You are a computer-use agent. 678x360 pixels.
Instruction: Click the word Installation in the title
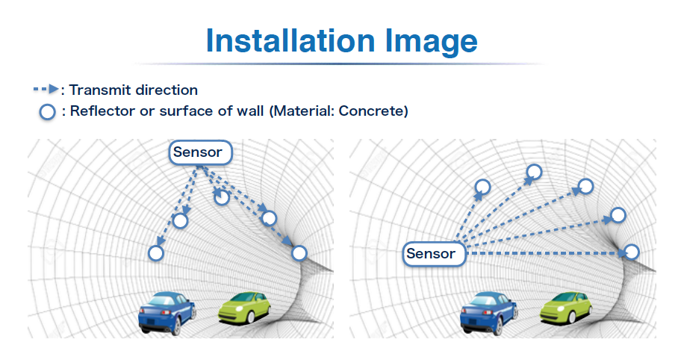(x=290, y=40)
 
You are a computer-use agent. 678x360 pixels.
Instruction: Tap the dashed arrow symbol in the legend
(x=46, y=89)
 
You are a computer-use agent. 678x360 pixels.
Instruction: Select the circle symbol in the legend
(x=48, y=111)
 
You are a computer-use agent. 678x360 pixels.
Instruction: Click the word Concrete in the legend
(x=371, y=111)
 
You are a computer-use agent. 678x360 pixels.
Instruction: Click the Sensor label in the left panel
(x=200, y=152)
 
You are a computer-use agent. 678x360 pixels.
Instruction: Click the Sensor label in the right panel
(x=434, y=253)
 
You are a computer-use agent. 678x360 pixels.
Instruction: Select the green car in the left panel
(x=244, y=308)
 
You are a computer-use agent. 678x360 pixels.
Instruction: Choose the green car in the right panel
(x=567, y=308)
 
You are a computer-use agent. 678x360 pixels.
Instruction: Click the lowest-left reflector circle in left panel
(x=156, y=253)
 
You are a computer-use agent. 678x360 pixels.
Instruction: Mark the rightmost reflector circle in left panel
(x=299, y=253)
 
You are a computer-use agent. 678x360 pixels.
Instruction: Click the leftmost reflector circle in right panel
(x=482, y=187)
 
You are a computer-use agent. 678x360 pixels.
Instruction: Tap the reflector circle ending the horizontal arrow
(x=632, y=252)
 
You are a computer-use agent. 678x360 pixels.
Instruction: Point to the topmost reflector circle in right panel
(x=535, y=172)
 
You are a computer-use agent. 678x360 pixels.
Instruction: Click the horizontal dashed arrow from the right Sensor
(x=546, y=252)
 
